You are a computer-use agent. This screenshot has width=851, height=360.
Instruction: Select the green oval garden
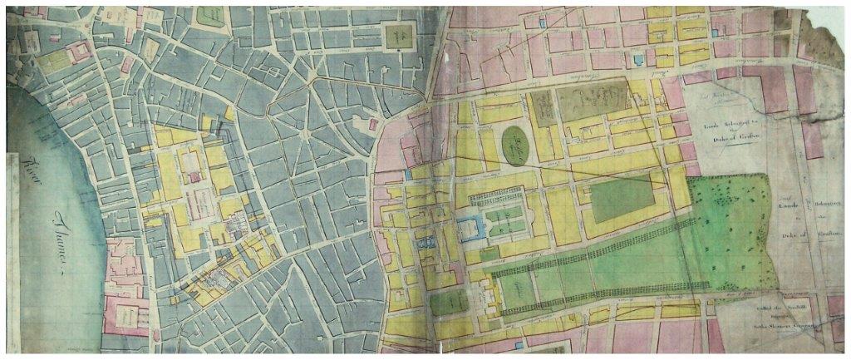pos(518,146)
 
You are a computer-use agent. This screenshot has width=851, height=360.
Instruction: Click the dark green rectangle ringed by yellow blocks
pos(621,198)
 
